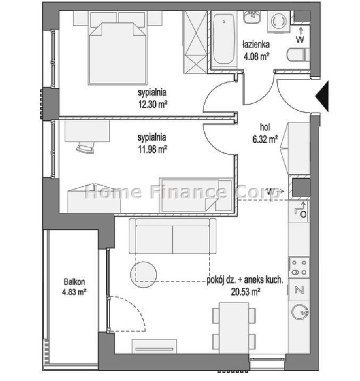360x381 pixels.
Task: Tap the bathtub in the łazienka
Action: click(x=224, y=39)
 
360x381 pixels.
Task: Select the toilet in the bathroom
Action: click(x=299, y=55)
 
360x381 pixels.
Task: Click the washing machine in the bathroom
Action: click(x=279, y=22)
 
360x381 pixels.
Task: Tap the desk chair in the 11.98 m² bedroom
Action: click(x=85, y=147)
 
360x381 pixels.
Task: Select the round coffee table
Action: click(x=144, y=275)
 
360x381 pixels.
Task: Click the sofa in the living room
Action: click(x=173, y=236)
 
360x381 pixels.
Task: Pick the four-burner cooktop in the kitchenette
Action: click(x=299, y=267)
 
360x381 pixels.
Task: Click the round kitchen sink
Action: click(x=300, y=312)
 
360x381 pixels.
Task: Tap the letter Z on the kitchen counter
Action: click(x=299, y=290)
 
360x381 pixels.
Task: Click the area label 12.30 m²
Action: click(x=153, y=104)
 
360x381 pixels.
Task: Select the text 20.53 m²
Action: click(x=246, y=292)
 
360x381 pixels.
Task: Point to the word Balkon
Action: click(x=74, y=282)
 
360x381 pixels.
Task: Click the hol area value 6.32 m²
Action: click(x=265, y=139)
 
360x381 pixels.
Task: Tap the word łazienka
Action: click(x=256, y=45)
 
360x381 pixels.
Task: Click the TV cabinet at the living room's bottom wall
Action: click(x=154, y=346)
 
